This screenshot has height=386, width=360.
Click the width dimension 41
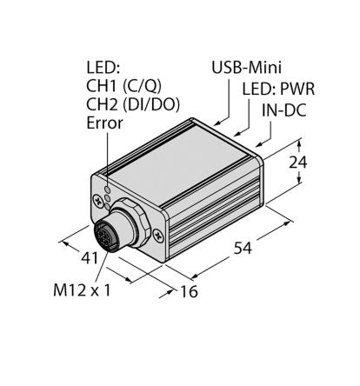point(77,259)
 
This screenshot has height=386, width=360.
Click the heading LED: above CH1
point(105,67)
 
